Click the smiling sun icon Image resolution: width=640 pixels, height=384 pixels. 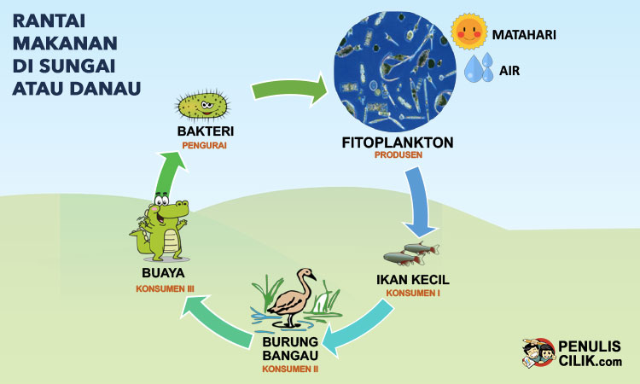[x=467, y=32]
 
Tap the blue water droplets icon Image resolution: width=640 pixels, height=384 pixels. [x=479, y=68]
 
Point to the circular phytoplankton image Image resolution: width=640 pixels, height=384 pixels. [x=392, y=70]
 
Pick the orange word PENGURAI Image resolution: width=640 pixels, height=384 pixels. [x=205, y=145]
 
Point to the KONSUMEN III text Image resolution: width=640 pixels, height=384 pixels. [x=165, y=288]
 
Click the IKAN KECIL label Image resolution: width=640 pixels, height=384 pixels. [x=412, y=279]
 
